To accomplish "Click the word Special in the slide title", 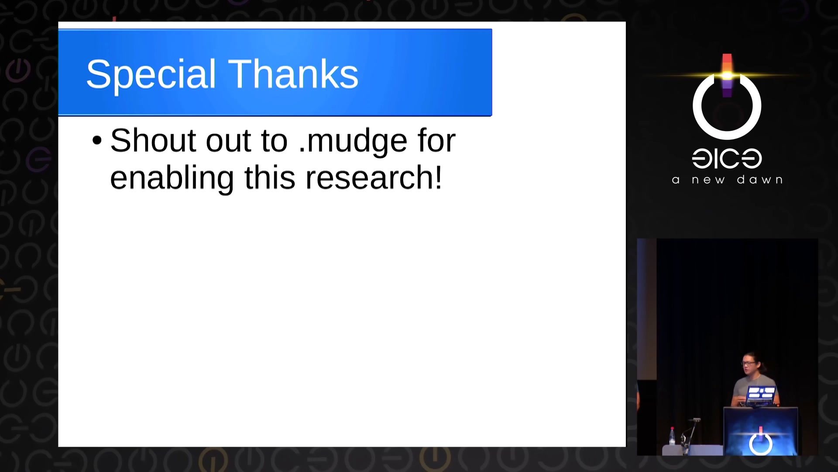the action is click(151, 74).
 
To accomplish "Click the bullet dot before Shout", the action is click(97, 141).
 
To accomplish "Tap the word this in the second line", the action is click(270, 177).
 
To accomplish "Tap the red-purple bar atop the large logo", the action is click(727, 75).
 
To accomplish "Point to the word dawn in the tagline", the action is click(759, 180).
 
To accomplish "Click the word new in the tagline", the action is click(708, 180).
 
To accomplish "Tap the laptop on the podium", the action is click(761, 396).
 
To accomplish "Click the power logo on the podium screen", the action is click(761, 442).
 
